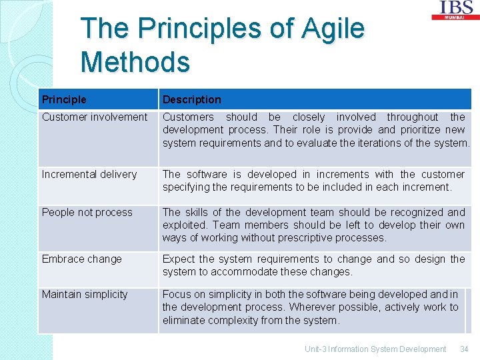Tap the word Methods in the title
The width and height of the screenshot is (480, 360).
[x=135, y=62]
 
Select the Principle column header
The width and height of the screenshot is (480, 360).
[x=64, y=99]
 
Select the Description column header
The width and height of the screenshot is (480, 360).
[x=191, y=99]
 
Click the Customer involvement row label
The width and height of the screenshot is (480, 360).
[x=94, y=117]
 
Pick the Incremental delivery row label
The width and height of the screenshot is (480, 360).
[x=89, y=175]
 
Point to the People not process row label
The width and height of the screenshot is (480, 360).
[x=87, y=213]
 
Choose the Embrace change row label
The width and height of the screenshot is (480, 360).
[x=81, y=259]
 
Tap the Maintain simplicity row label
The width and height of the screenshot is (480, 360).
[x=84, y=295]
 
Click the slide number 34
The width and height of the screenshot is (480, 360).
[x=464, y=349]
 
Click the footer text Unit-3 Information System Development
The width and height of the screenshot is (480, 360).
[x=375, y=349]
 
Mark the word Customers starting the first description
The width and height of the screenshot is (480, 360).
[x=189, y=117]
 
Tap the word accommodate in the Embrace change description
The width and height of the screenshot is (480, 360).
[x=245, y=272]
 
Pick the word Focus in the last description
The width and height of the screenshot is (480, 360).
[x=177, y=295]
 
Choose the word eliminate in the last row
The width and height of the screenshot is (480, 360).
[x=185, y=321]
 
